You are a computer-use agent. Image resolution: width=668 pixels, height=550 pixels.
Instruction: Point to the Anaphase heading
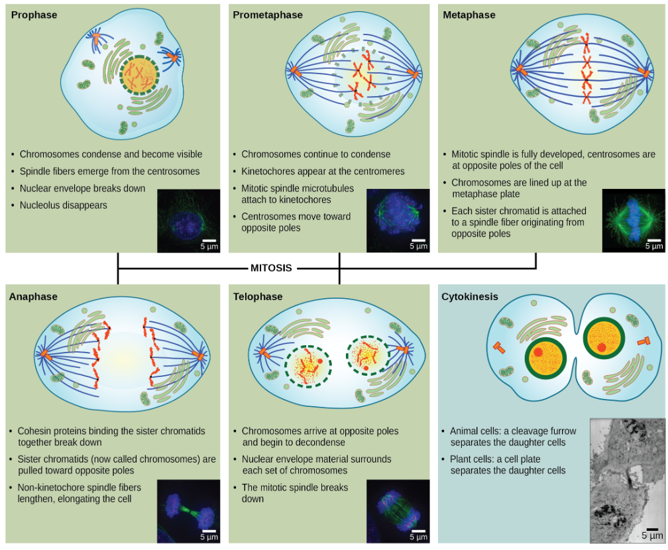(x=33, y=297)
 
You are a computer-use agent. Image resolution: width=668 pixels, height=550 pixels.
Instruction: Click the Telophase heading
(x=258, y=297)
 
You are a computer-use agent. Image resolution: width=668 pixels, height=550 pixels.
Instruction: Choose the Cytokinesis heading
(x=470, y=297)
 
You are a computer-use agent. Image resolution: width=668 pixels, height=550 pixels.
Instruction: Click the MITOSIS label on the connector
(x=271, y=268)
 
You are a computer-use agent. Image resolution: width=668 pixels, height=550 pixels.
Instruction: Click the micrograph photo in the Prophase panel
(x=188, y=221)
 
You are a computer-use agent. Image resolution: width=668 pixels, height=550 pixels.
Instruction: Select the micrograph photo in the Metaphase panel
(x=632, y=221)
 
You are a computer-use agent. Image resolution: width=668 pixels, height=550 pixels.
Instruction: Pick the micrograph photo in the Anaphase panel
(x=188, y=511)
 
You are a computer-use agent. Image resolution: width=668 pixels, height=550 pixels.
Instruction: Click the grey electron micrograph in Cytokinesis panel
(x=626, y=480)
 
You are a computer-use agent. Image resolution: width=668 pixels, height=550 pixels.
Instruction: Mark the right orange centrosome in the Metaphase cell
(x=643, y=72)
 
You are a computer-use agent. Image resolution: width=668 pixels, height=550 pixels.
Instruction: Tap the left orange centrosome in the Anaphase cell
(x=45, y=356)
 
